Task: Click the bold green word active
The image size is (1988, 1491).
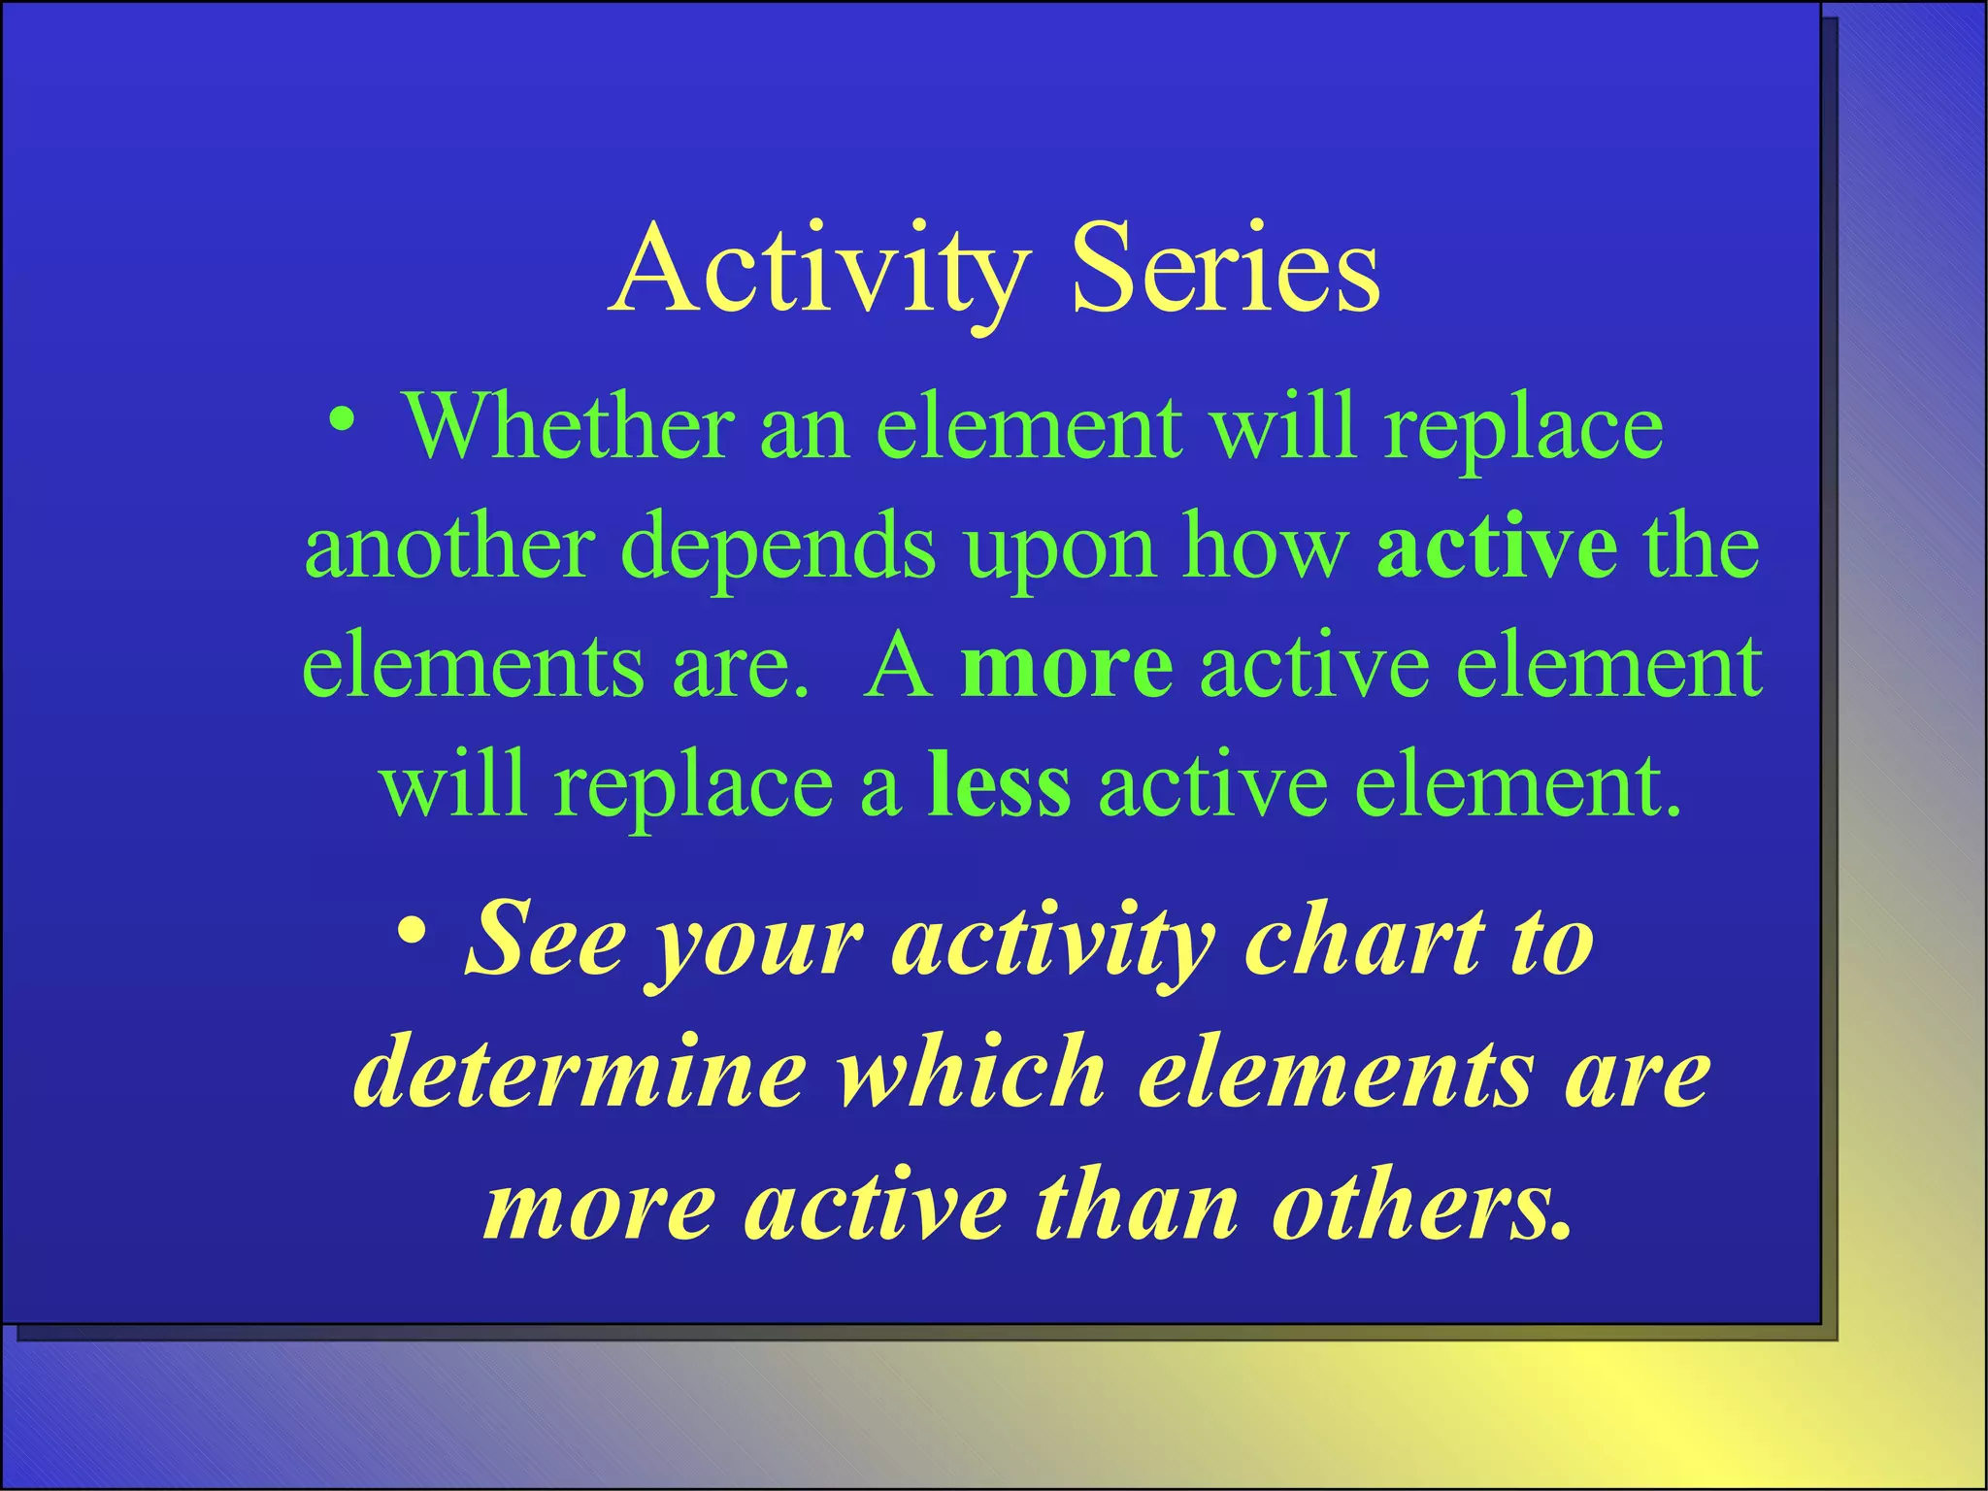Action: [1496, 547]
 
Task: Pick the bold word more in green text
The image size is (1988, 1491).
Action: [1066, 668]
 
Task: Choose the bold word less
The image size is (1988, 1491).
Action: [1000, 786]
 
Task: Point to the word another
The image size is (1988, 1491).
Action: [448, 547]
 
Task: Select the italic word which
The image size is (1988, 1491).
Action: [972, 1073]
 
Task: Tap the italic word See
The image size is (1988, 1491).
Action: [546, 940]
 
